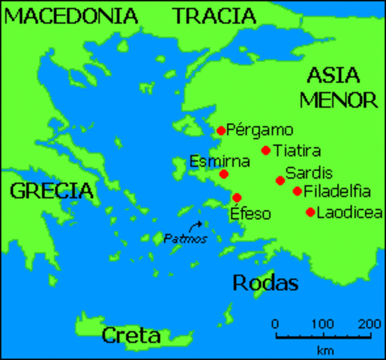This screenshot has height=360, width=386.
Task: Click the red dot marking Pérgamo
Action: coord(221,130)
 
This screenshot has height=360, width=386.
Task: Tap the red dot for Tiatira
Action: coord(265,150)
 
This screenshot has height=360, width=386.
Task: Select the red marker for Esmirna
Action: coord(223,174)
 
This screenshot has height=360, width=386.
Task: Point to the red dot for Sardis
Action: coord(280,180)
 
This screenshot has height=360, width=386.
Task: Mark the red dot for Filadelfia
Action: coord(298,191)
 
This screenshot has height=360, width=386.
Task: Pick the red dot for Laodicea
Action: coord(310,212)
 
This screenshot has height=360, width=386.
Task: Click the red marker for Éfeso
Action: coord(237,197)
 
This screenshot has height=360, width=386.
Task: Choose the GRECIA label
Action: coord(52,191)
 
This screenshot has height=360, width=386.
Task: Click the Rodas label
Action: coord(265,283)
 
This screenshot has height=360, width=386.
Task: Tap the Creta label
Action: coord(132,334)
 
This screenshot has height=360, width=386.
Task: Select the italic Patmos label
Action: coord(185,238)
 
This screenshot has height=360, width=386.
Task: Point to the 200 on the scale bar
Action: coord(370,324)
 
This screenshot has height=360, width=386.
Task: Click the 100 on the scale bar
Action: coord(323,324)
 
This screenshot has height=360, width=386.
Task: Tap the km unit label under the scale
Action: coord(325,349)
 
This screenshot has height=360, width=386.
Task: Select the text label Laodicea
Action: coord(344,213)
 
